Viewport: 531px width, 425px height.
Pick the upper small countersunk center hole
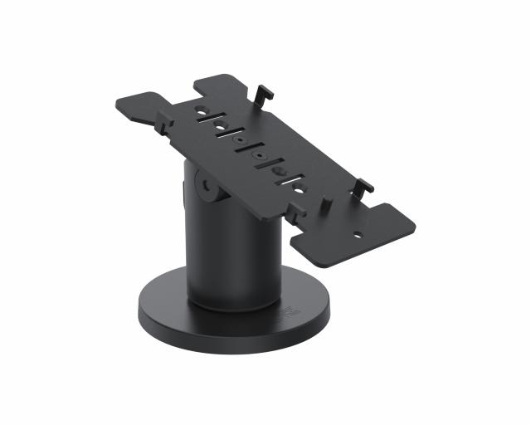[x=241, y=141]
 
